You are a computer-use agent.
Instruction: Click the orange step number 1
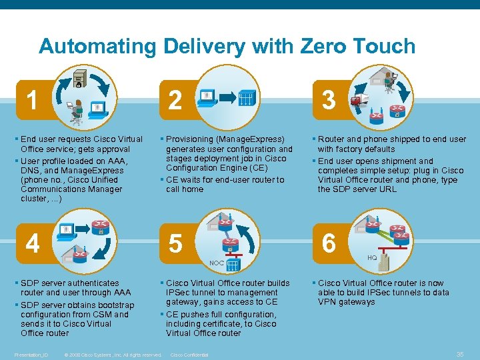click(31, 101)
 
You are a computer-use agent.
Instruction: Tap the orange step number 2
click(175, 101)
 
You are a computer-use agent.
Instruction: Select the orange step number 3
click(329, 101)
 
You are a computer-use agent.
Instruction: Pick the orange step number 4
click(32, 243)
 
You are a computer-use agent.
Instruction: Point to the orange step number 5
click(175, 244)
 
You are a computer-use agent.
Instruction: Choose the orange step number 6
click(329, 244)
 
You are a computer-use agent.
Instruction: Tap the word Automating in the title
click(97, 47)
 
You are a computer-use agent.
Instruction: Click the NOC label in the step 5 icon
click(217, 263)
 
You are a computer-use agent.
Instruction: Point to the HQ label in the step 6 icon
click(372, 257)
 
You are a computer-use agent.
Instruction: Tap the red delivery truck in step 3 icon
click(360, 100)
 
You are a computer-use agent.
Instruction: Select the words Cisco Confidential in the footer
click(190, 355)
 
